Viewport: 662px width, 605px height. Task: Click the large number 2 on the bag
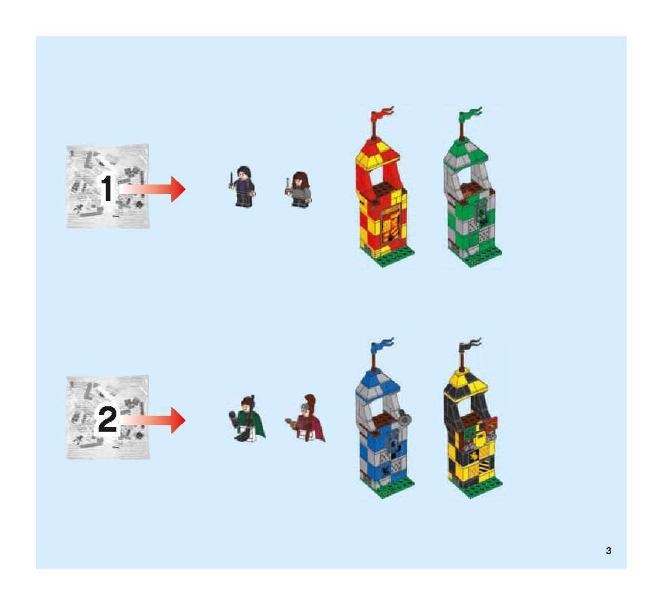pos(107,419)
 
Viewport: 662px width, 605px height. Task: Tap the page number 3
pos(608,551)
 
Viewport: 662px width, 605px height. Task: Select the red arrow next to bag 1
pos(152,189)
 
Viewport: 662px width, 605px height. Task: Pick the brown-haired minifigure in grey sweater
pos(298,190)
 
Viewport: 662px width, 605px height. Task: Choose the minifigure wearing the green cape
pos(247,419)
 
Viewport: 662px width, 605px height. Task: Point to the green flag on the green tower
pos(470,114)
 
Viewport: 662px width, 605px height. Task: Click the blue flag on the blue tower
pos(382,345)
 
